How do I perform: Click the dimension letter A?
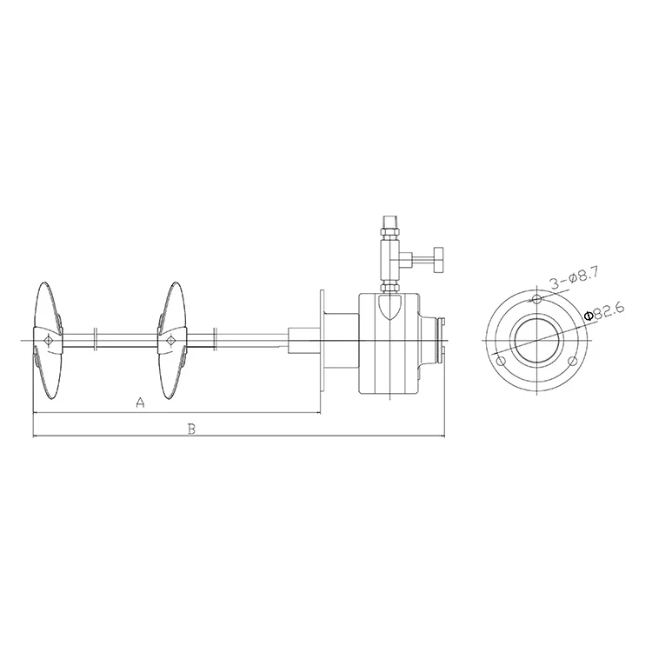click(141, 403)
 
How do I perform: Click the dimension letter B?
click(191, 429)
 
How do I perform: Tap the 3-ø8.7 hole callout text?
click(574, 279)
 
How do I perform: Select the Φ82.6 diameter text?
click(604, 312)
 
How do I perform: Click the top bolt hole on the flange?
click(537, 298)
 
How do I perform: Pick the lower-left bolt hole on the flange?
click(501, 361)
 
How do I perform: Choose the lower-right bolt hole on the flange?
click(573, 361)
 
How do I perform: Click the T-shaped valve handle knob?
click(438, 260)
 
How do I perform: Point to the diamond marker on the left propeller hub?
click(48, 341)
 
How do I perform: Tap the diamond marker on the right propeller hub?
click(170, 341)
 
